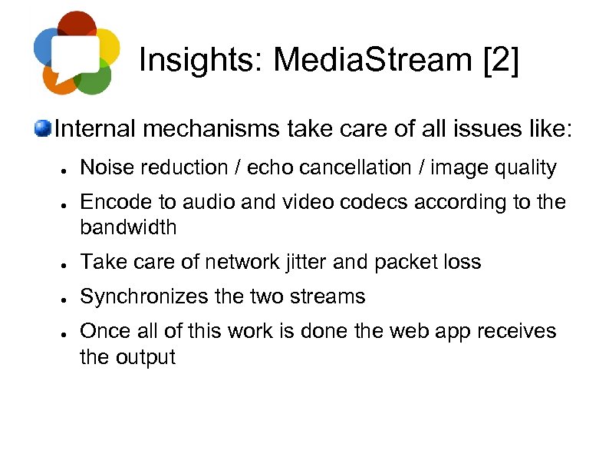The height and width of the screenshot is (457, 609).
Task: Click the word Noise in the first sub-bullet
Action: pos(104,167)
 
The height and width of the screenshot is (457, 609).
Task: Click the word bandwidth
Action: pos(128,227)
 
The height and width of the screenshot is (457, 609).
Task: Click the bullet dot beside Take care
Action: pos(67,263)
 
